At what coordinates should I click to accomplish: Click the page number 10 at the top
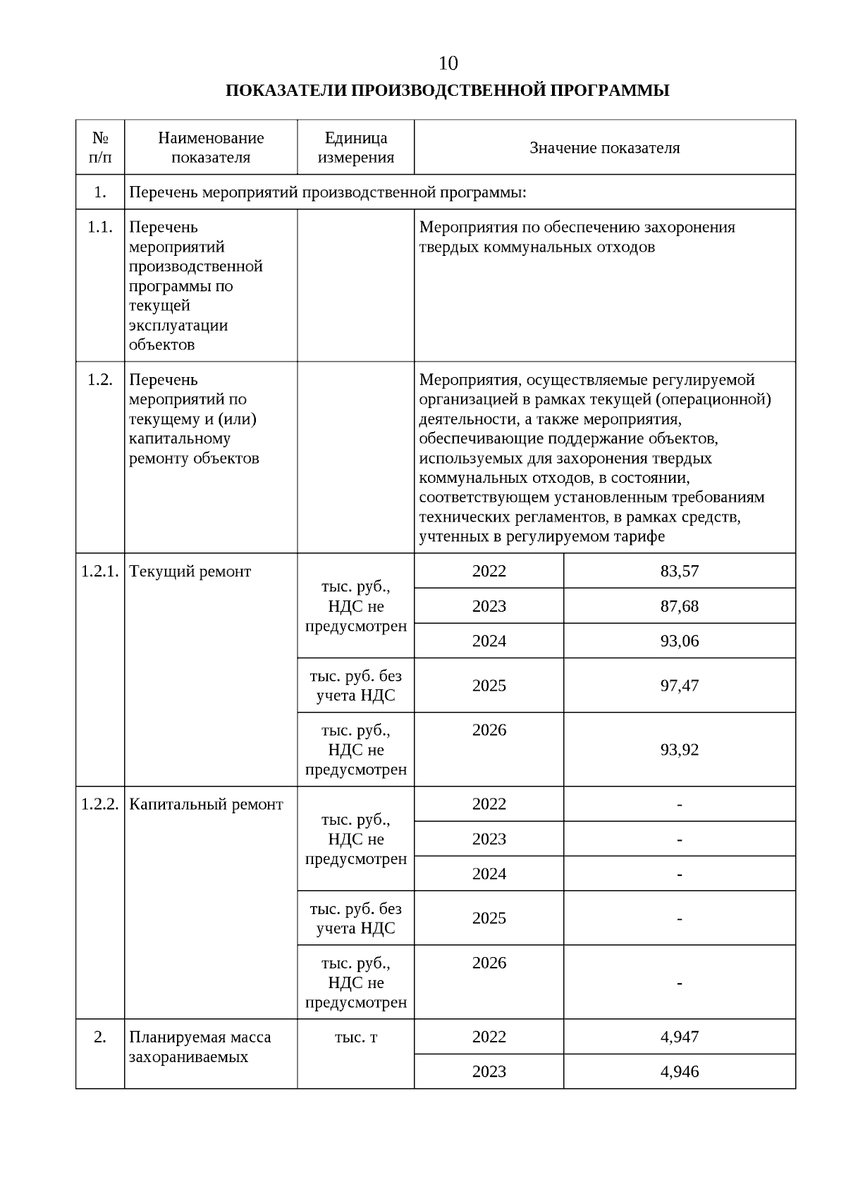click(448, 63)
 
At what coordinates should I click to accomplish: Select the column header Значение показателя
click(604, 148)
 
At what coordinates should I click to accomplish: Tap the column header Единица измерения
click(355, 147)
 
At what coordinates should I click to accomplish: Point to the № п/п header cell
click(100, 147)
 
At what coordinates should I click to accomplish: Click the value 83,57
click(679, 571)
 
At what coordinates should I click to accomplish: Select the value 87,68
click(679, 606)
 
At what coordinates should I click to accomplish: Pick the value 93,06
click(679, 641)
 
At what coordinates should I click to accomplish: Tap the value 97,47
click(679, 685)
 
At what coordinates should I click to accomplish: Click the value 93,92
click(679, 749)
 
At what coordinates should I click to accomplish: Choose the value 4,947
click(679, 1037)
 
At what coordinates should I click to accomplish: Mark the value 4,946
click(679, 1071)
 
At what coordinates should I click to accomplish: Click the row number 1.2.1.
click(100, 571)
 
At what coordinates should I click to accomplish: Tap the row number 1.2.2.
click(100, 804)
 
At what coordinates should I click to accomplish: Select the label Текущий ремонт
click(190, 571)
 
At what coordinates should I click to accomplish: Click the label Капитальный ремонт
click(206, 804)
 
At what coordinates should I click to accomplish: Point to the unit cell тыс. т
click(355, 1037)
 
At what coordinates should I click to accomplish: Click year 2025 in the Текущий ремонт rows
click(489, 685)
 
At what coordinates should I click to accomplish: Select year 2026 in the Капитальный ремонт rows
click(489, 963)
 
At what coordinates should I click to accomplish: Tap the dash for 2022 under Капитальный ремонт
click(679, 804)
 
